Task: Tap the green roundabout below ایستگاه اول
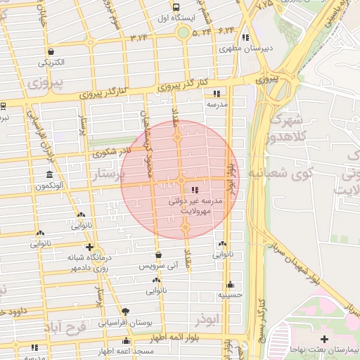(184, 32)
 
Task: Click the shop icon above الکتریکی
(51, 51)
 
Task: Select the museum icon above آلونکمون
(49, 174)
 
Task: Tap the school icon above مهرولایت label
(195, 190)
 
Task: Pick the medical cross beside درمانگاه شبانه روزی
(89, 247)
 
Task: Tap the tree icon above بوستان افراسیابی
(126, 311)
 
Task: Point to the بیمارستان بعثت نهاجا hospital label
(327, 350)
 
